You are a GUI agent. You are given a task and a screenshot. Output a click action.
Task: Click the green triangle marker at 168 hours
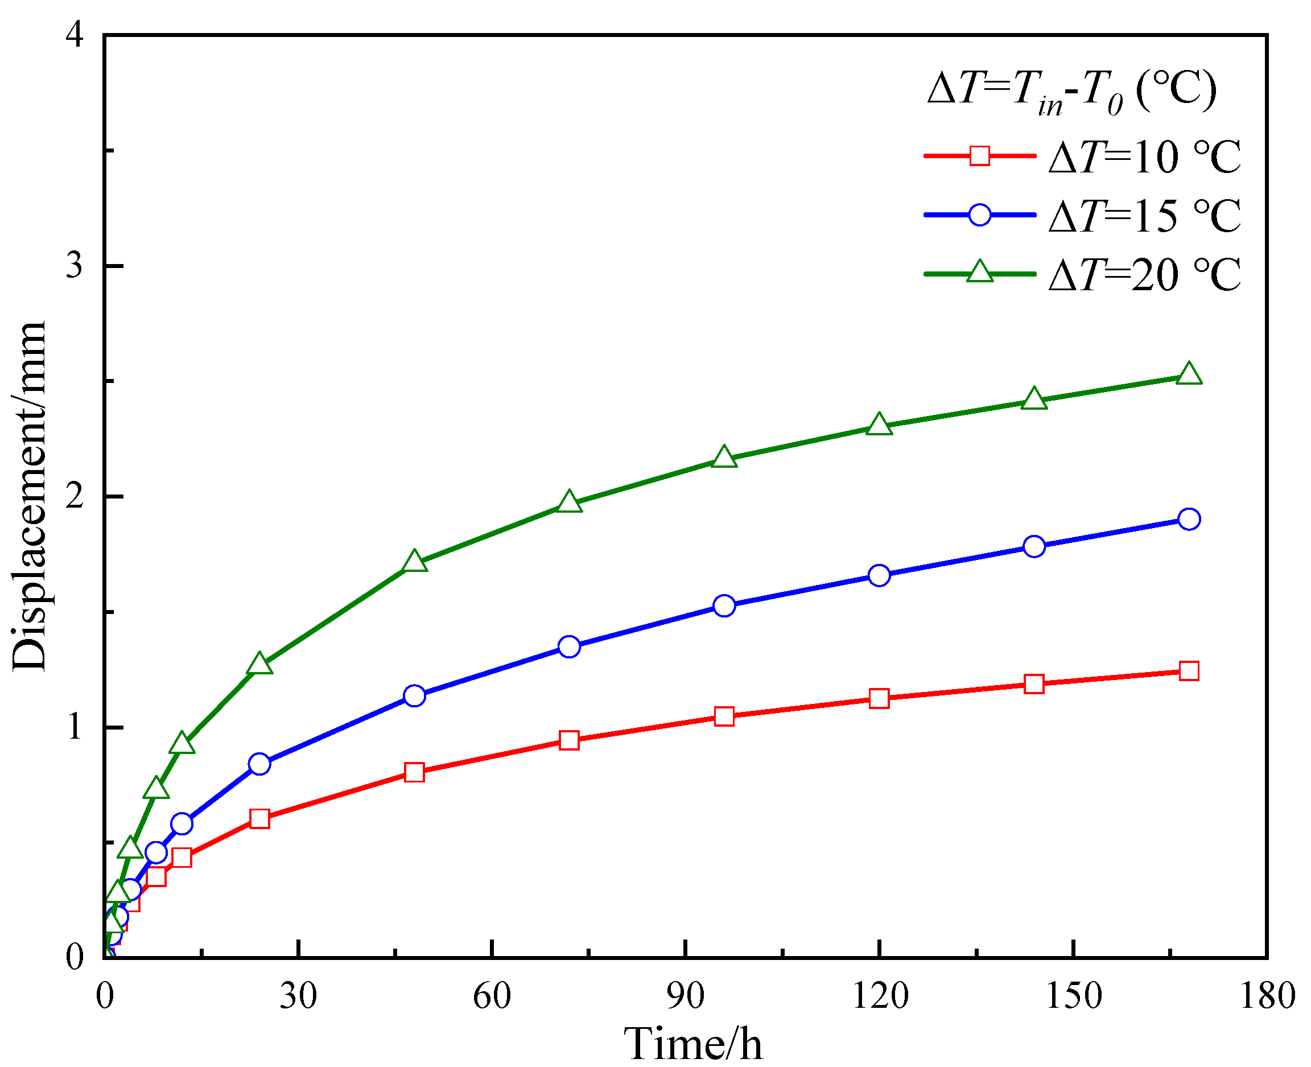[1189, 374]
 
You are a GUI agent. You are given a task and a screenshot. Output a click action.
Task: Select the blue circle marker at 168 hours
[1189, 519]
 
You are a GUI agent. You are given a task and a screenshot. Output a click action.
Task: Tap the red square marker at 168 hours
[1189, 670]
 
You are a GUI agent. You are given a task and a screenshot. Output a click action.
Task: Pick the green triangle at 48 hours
[414, 562]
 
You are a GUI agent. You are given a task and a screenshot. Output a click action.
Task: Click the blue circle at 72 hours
[569, 646]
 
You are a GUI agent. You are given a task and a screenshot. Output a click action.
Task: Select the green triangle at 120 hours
[879, 425]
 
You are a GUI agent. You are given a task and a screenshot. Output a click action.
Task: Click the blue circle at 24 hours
[259, 764]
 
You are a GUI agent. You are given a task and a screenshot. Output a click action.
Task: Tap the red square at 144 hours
[1034, 684]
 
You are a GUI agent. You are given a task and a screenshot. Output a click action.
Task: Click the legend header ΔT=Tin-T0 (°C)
[1072, 91]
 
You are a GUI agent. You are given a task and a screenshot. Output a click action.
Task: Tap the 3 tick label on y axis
[75, 266]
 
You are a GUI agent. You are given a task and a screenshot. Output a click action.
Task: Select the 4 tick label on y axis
[75, 36]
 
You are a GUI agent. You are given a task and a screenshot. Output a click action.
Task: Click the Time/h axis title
[692, 1043]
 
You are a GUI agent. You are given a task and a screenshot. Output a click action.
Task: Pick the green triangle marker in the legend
[980, 271]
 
